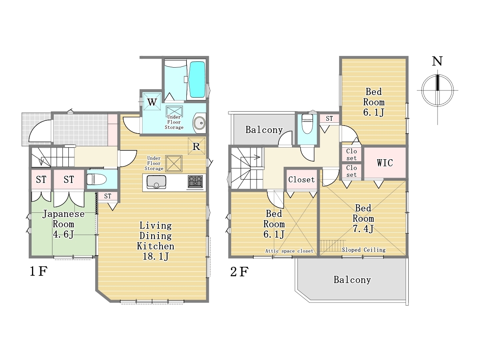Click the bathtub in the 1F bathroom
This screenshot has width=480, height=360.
(197, 79)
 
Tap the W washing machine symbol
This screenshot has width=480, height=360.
(152, 102)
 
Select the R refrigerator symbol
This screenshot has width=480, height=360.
(196, 146)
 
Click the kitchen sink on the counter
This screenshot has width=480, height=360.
(156, 182)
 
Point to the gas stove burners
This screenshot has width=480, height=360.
(195, 182)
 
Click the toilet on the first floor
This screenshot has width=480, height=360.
(96, 180)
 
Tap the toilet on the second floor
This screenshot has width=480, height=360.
(307, 124)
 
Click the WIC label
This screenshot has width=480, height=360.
(385, 163)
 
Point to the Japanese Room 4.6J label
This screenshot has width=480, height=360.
(64, 224)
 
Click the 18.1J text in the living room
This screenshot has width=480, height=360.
(156, 256)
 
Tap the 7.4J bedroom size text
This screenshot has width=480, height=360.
(363, 229)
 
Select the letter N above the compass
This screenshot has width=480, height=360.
(437, 61)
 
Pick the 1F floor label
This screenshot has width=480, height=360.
(38, 272)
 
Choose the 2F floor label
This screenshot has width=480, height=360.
(239, 272)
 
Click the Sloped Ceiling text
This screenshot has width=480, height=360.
(364, 250)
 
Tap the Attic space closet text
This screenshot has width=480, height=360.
(289, 251)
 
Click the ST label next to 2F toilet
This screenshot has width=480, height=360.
(329, 118)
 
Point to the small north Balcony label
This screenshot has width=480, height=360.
(264, 130)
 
